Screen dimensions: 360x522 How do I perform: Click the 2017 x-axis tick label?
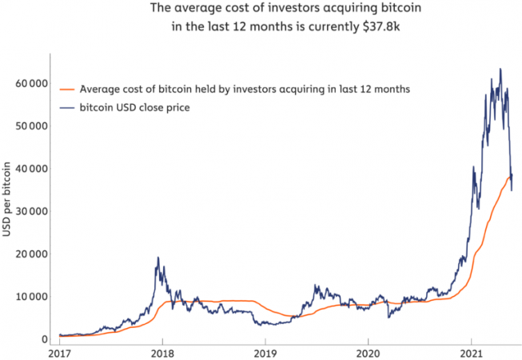tap(60, 353)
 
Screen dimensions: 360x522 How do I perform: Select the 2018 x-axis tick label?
tap(162, 353)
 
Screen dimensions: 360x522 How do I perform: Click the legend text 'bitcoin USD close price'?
tap(133, 107)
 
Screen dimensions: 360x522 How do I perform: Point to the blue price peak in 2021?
tap(500, 70)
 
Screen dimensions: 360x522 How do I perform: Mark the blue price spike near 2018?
tap(158, 258)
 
